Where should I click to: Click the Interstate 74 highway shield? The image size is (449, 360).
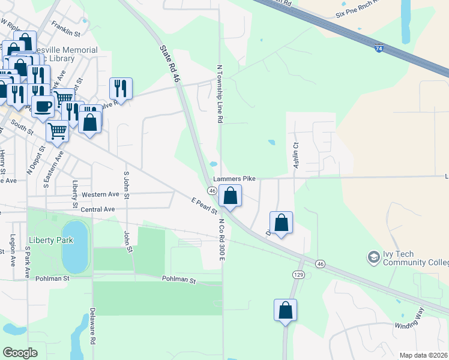(379, 49)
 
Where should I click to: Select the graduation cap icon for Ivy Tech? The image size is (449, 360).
(373, 257)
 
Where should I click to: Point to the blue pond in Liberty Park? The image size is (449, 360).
(74, 246)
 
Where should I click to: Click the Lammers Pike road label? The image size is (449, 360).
(239, 178)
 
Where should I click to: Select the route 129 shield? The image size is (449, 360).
(297, 274)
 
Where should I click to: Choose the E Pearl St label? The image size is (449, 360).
(204, 205)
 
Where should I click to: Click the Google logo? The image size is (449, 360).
(20, 352)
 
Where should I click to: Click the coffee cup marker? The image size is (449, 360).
(42, 107)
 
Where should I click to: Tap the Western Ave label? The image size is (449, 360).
(101, 194)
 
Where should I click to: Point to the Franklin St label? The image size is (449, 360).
(66, 26)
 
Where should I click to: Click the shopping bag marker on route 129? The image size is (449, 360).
(286, 310)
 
